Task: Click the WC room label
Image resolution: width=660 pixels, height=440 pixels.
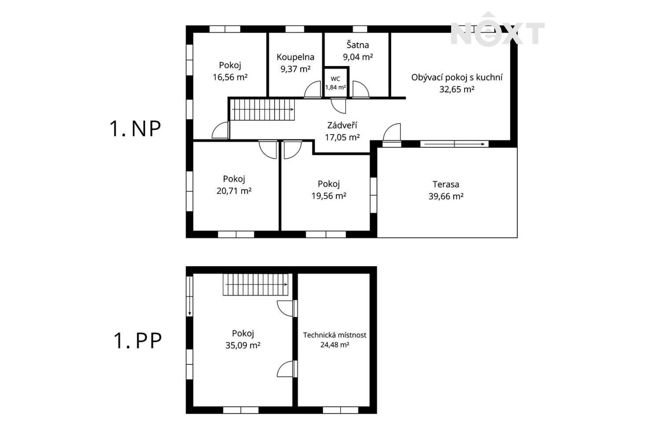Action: [335, 79]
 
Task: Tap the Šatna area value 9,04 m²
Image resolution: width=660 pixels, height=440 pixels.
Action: [358, 57]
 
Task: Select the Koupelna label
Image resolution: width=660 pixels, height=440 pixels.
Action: [295, 57]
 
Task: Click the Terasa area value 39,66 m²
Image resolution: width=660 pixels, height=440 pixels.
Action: [446, 196]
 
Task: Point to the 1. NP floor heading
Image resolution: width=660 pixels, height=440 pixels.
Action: [135, 128]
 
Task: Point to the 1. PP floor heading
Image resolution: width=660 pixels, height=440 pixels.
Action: [138, 341]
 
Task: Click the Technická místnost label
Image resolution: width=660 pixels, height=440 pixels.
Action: [335, 335]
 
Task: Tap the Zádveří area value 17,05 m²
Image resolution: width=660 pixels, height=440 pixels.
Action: [342, 137]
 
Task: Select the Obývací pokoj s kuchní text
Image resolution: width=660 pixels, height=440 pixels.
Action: [457, 77]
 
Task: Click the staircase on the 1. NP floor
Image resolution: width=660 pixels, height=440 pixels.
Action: [262, 110]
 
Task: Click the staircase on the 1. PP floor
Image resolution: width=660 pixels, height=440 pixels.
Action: [255, 284]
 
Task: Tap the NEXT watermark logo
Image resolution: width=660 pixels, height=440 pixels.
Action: [497, 29]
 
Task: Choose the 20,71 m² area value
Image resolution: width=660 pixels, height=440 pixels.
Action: [234, 191]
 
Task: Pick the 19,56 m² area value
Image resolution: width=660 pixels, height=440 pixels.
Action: [329, 196]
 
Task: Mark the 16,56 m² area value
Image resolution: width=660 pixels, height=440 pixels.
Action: [230, 77]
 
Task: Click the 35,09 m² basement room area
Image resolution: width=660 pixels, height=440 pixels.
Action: [243, 345]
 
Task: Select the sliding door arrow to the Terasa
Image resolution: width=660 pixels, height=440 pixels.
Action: [455, 144]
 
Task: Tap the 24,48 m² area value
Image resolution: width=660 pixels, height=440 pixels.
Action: [335, 345]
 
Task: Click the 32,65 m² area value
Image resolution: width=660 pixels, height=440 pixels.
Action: [457, 89]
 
